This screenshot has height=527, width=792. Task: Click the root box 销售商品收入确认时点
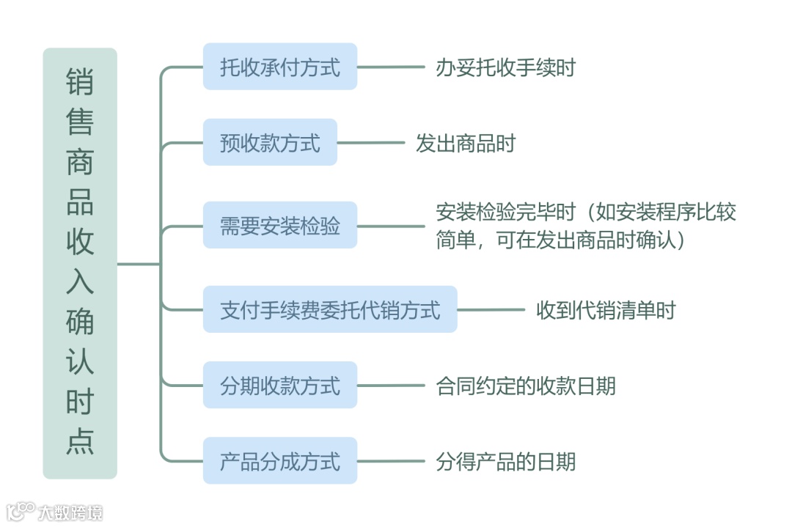click(x=80, y=263)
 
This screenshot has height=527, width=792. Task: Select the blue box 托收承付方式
click(x=280, y=67)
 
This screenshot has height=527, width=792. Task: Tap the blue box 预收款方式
click(x=270, y=142)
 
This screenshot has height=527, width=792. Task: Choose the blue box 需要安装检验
click(x=280, y=225)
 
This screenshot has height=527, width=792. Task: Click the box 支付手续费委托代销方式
click(x=330, y=309)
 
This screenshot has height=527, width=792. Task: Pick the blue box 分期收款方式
click(x=280, y=385)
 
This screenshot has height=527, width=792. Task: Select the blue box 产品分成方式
click(x=280, y=461)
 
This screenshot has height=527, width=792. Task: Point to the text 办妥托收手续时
click(x=505, y=67)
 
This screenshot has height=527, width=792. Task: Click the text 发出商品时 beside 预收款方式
click(x=466, y=143)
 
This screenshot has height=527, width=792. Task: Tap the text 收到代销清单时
click(x=606, y=310)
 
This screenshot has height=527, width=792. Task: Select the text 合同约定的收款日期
click(x=526, y=386)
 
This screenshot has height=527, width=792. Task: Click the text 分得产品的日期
click(x=505, y=462)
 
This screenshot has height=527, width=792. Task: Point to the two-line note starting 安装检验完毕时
click(x=585, y=226)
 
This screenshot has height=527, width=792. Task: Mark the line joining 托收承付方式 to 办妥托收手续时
click(x=390, y=67)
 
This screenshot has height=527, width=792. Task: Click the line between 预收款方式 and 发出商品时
click(x=370, y=142)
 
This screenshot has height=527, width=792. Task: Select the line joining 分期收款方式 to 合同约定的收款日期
click(x=390, y=385)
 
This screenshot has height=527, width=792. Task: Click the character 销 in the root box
click(x=80, y=81)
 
